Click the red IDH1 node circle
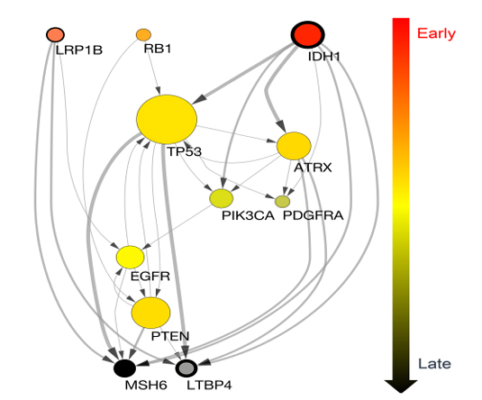308,35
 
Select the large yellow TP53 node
167,119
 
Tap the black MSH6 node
124,368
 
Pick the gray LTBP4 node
186,368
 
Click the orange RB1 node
143,35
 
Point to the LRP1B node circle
55,34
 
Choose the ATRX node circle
294,146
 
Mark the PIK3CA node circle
222,198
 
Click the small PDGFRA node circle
283,202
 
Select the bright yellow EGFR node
130,257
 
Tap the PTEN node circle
150,313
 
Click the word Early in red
436,33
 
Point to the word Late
434,364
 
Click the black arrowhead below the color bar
401,386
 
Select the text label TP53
184,151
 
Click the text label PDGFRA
313,215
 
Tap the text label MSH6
146,385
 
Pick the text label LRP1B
79,50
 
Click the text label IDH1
324,57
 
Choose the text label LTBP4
209,385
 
